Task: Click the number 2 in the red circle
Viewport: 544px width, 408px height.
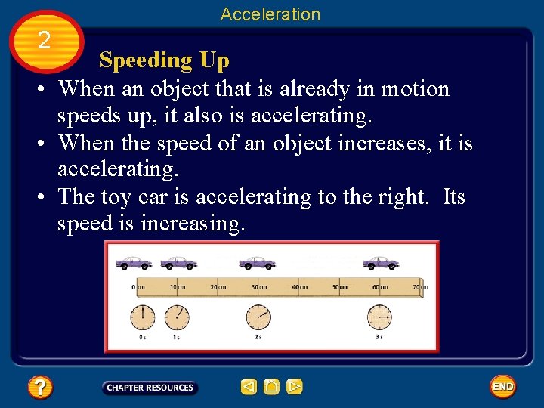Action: (x=44, y=40)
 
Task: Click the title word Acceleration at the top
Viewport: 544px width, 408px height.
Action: (x=270, y=14)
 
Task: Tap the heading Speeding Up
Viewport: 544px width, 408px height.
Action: (x=164, y=60)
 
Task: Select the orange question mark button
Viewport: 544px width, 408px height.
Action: (x=39, y=388)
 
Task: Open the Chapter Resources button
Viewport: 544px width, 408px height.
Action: (x=150, y=388)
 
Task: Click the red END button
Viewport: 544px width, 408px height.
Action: (x=502, y=387)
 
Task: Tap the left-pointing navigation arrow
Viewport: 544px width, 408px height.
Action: (x=249, y=388)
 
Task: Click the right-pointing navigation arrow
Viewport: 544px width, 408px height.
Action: (x=295, y=388)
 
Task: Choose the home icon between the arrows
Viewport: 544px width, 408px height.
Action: (x=272, y=388)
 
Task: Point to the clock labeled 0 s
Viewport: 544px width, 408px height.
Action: (x=142, y=317)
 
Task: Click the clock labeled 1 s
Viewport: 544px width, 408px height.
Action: (x=177, y=317)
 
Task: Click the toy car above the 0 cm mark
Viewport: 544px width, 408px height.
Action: (x=134, y=262)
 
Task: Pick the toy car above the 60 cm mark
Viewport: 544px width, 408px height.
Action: (x=380, y=262)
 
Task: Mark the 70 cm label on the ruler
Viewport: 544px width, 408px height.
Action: (x=419, y=287)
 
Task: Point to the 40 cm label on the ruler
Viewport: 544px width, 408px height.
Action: (x=300, y=287)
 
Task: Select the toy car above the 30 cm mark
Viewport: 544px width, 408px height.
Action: (x=257, y=262)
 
